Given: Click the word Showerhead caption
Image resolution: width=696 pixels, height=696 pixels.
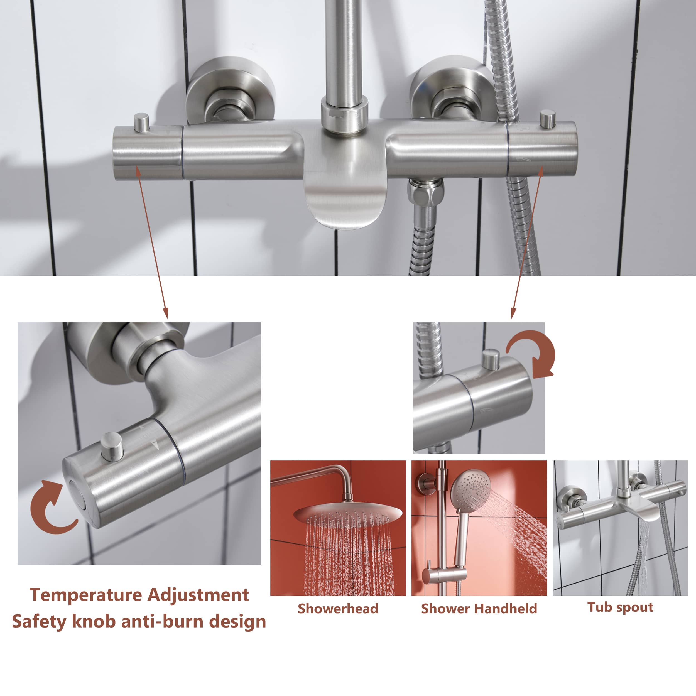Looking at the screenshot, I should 338,609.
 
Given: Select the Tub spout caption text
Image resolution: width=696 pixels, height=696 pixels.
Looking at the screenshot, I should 620,607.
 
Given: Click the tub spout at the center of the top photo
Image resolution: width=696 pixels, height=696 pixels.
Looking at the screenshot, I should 344,202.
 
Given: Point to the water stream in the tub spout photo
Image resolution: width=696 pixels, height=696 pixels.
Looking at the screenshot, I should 643,562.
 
